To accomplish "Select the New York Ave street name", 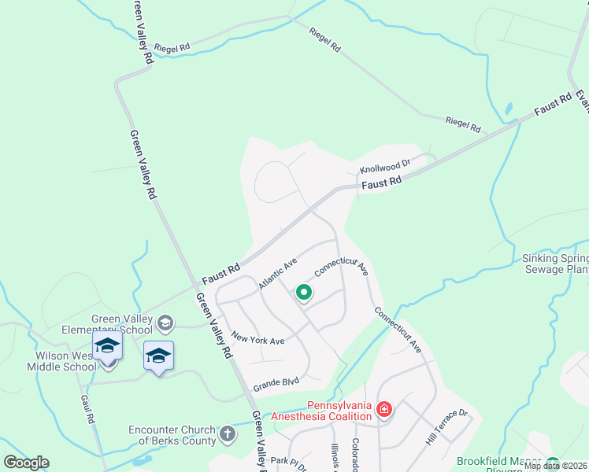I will coord(257,338).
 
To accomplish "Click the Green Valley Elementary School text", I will coord(123,324).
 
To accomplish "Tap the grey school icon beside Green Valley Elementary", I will coord(165,323).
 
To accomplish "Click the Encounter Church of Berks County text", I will coord(172,435).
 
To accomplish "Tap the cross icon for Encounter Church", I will coord(227,433).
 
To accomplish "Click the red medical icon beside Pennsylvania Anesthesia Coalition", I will coord(383,409).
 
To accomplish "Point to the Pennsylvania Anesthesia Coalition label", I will coord(321,411).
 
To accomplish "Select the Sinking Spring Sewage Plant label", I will coord(555,264).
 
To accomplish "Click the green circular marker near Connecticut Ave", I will coord(303,294).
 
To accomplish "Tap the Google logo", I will coord(26,463).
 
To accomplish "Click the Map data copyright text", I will coord(555,466).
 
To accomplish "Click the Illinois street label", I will coord(335,457).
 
